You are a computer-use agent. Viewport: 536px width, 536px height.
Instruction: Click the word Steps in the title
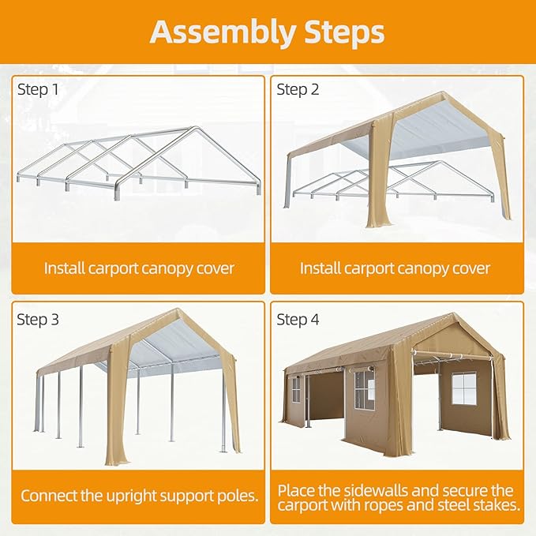(x=342, y=32)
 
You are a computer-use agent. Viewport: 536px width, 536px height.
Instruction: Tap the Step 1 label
(x=38, y=89)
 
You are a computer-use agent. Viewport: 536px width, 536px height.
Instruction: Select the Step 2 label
(x=298, y=89)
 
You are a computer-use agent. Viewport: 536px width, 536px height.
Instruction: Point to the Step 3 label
(x=38, y=320)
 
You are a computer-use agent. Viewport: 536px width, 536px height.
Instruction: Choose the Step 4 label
(x=298, y=320)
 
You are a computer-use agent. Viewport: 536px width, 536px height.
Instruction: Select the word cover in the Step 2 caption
(x=470, y=268)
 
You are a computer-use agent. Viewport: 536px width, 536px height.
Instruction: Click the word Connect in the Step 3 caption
(x=49, y=497)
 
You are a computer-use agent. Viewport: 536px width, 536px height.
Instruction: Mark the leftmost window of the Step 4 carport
(x=296, y=388)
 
